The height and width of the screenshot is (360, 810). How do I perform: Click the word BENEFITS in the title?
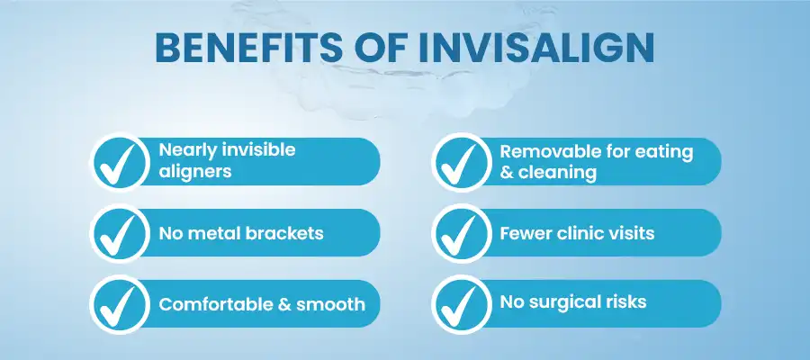248,48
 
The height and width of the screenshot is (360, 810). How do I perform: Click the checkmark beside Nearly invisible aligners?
118,163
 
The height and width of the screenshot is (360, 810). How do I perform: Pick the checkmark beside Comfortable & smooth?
118,306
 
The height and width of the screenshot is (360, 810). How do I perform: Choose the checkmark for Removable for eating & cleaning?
459,163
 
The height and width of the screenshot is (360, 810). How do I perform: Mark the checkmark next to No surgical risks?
459,306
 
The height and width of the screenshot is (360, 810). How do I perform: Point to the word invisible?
258,149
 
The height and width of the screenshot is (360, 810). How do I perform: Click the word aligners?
195,172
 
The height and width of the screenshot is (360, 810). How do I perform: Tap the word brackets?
284,233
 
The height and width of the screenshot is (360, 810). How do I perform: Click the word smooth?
330,304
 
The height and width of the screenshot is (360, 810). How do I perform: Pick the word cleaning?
557,173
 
